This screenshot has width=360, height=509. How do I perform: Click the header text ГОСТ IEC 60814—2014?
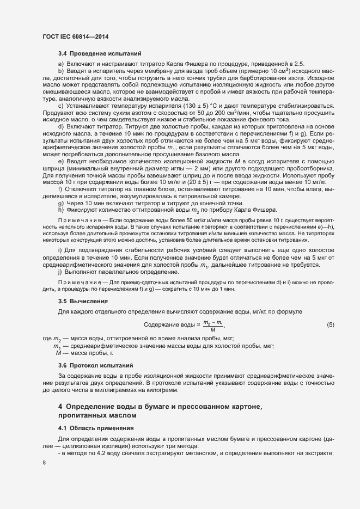coord(75,35)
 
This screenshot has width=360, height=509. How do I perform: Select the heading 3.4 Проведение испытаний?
coord(100,54)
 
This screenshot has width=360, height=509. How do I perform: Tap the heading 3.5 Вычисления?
coord(83,301)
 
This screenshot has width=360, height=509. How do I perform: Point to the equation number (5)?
coord(331,325)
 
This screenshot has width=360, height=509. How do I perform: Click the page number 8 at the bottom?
coord(44,463)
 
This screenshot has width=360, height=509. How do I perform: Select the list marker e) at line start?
coord(60,177)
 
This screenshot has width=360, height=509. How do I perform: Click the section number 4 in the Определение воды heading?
coord(60,407)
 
